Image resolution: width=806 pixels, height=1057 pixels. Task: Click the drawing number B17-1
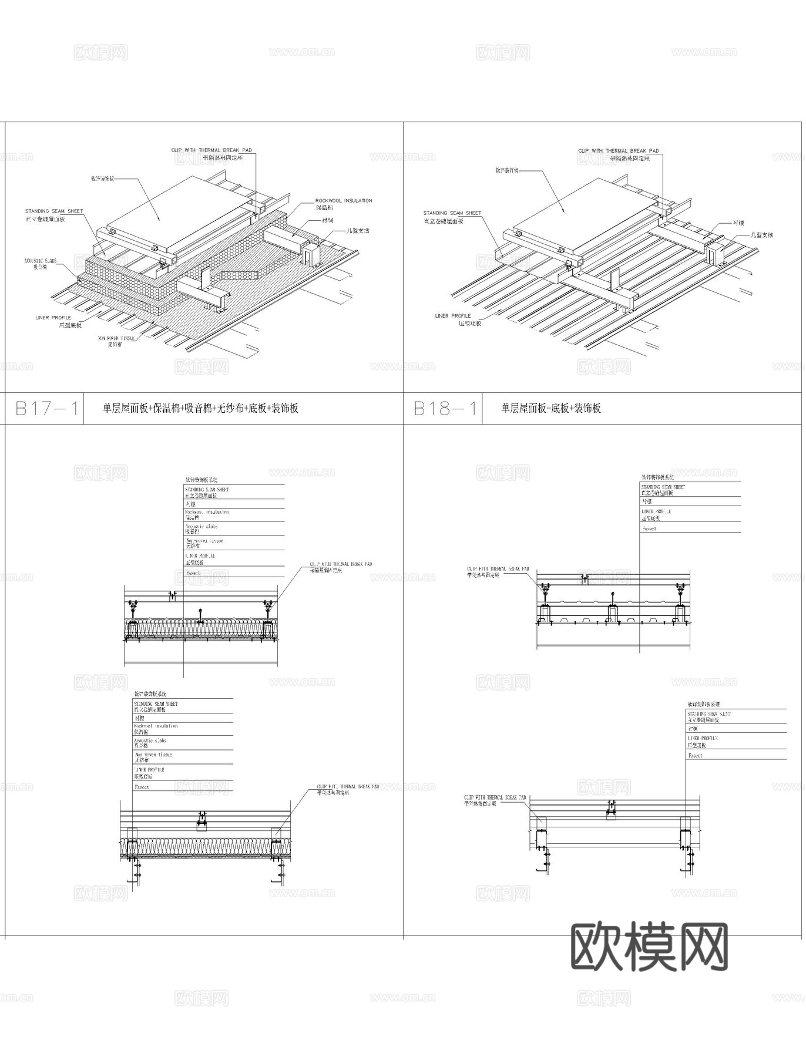pos(46,408)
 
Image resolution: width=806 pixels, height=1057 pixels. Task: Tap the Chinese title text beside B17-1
pos(200,408)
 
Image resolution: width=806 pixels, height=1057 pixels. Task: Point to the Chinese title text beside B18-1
pos(550,408)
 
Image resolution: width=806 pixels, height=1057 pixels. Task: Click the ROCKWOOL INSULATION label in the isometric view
pos(343,201)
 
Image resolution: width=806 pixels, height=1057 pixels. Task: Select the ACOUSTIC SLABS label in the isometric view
pos(41,260)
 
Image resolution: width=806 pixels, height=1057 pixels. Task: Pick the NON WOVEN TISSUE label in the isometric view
pos(116,338)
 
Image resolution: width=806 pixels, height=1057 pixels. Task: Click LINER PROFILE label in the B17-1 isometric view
pos(53,318)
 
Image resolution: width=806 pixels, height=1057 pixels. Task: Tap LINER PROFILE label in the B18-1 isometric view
pos(452,316)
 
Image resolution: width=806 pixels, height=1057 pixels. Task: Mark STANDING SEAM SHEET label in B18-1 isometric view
pos(452,213)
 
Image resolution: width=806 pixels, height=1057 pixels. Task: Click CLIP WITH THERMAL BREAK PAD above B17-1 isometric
pos(211,150)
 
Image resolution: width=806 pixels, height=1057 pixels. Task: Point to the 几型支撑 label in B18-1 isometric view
pos(762,235)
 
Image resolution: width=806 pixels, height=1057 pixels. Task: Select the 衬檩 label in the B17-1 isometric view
pos(327,220)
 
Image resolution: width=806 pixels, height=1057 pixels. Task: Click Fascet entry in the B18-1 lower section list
pos(695,756)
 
